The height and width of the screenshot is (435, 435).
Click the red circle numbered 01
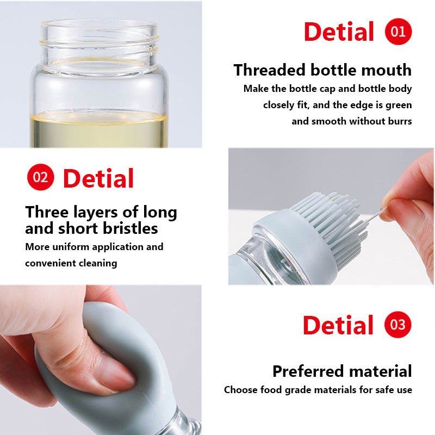398,32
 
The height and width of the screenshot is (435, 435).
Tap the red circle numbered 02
40,177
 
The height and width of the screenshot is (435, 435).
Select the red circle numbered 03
398,325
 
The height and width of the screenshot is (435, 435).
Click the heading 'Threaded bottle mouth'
322,70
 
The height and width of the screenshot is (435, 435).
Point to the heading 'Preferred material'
342,371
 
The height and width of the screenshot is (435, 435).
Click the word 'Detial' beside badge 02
98,179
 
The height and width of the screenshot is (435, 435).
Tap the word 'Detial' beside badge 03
338,326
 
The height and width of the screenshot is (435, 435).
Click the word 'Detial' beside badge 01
339,32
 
